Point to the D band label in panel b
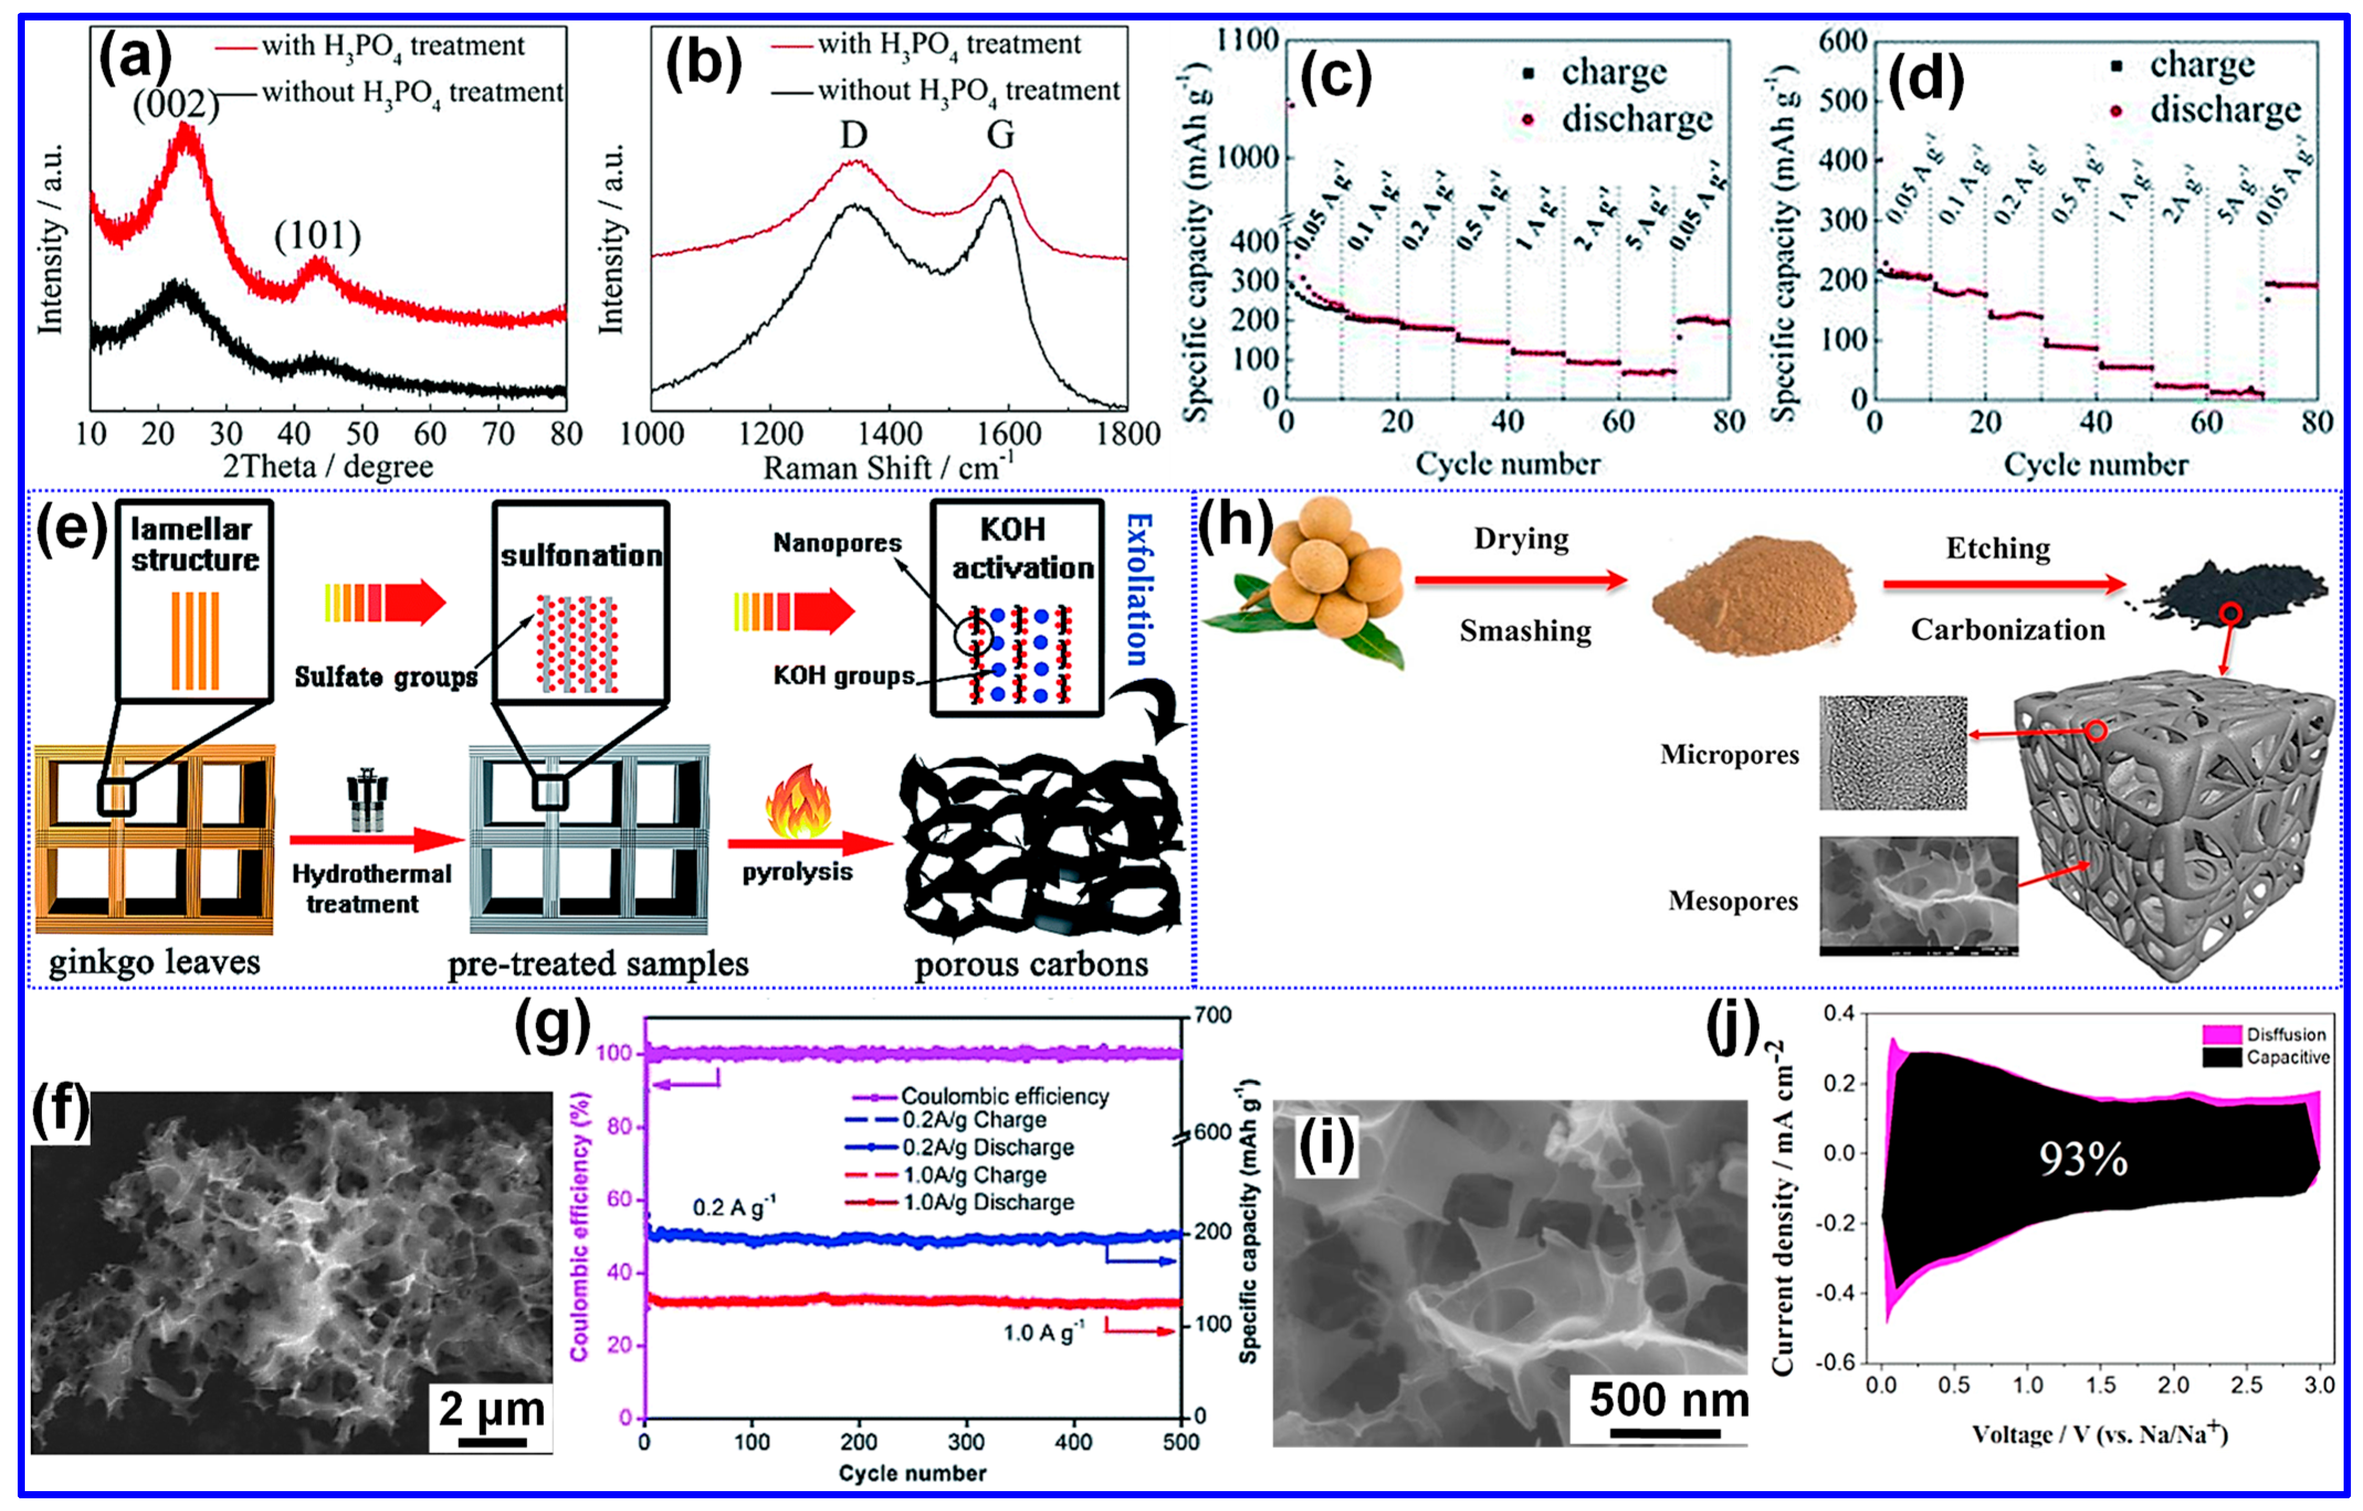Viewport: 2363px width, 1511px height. (854, 134)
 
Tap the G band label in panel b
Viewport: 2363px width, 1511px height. (1001, 134)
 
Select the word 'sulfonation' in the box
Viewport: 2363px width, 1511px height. (581, 556)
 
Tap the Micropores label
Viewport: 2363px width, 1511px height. (1729, 754)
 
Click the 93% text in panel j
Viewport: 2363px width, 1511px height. (2082, 1160)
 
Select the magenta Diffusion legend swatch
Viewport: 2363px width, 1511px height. (2222, 1034)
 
